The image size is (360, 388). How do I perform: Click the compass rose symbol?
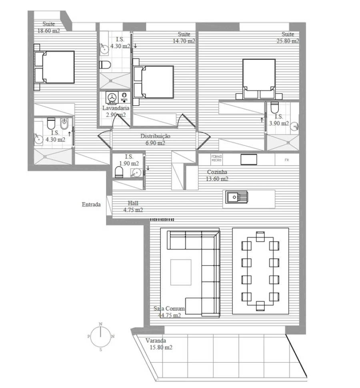coord(101,336)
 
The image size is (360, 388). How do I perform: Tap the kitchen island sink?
coord(236,197)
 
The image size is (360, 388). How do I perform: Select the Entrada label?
coord(91,204)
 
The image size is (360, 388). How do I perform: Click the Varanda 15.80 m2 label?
coord(158,344)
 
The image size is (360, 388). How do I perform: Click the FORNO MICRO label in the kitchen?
coord(216,159)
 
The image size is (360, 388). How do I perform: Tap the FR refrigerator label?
coord(286,159)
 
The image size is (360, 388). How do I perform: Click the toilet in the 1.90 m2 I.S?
coord(119,173)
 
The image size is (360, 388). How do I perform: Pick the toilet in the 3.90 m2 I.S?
coord(274,108)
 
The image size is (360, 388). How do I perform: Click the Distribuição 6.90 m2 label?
coord(155,139)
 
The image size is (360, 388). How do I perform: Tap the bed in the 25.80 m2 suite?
coord(258,78)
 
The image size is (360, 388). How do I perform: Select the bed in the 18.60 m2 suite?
coord(55,67)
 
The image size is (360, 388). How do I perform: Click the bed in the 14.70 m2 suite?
coord(154,82)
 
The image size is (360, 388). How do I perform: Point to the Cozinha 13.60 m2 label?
coord(217,175)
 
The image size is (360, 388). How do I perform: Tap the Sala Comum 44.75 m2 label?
coord(169,312)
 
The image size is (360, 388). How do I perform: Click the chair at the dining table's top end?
coord(260,236)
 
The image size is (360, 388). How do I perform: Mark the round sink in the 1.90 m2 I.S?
coord(136,173)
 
